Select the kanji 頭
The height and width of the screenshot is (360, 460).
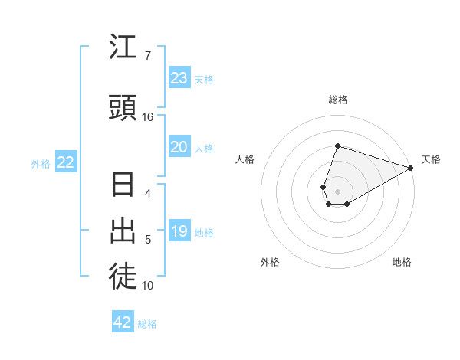123,108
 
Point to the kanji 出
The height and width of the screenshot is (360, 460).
123,230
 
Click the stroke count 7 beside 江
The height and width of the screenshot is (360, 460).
147,56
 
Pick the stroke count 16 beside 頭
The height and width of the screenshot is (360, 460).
148,117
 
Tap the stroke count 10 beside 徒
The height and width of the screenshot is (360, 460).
148,286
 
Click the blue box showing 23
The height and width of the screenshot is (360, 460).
179,78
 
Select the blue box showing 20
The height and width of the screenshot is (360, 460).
179,147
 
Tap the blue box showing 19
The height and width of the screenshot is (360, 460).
179,231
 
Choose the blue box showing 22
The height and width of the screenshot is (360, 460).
66,162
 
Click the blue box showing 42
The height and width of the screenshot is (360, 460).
123,322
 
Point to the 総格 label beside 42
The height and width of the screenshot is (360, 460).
147,324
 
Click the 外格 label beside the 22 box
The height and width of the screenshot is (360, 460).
41,163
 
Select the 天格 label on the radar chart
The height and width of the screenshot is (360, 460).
431,159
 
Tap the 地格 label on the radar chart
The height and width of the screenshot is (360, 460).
402,262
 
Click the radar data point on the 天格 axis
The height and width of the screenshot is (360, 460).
412,168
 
